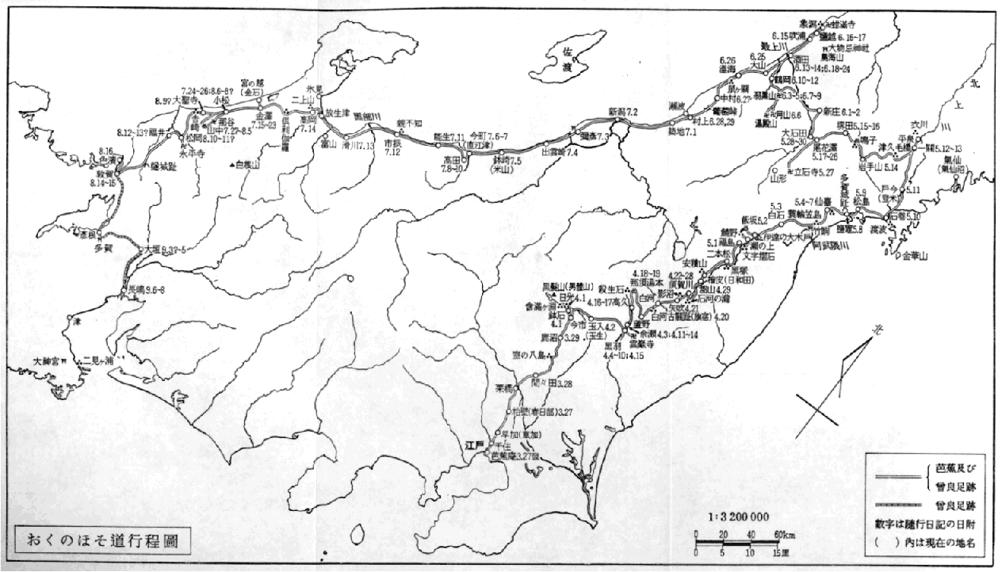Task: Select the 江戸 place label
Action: click(x=474, y=445)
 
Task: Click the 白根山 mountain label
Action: click(x=248, y=165)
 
